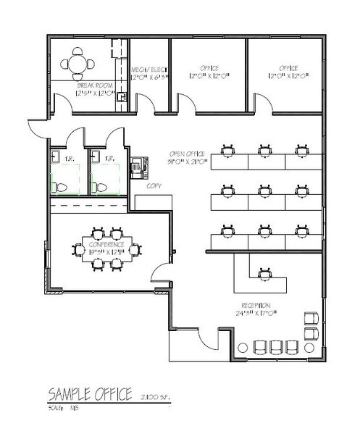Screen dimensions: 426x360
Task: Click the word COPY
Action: point(154,186)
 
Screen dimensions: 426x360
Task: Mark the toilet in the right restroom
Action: point(99,186)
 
